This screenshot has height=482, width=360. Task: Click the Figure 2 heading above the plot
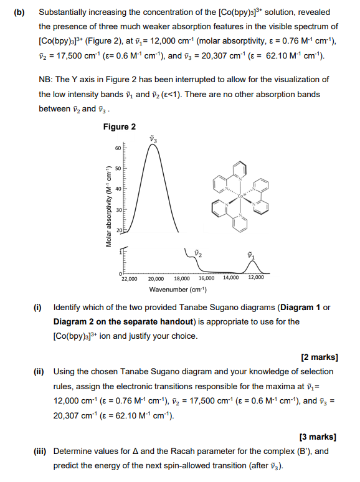coord(120,127)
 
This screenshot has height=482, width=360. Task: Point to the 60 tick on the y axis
coord(118,148)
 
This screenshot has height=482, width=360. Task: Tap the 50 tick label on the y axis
coord(118,168)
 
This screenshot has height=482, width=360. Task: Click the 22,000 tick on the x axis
coord(130,278)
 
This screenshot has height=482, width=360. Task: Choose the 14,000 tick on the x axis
coord(230,278)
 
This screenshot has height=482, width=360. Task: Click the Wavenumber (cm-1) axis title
coord(178,290)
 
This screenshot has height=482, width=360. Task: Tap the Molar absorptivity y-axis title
coord(108,200)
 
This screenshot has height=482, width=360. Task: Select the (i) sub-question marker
coord(38,308)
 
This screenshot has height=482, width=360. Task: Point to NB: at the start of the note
coord(47,80)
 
